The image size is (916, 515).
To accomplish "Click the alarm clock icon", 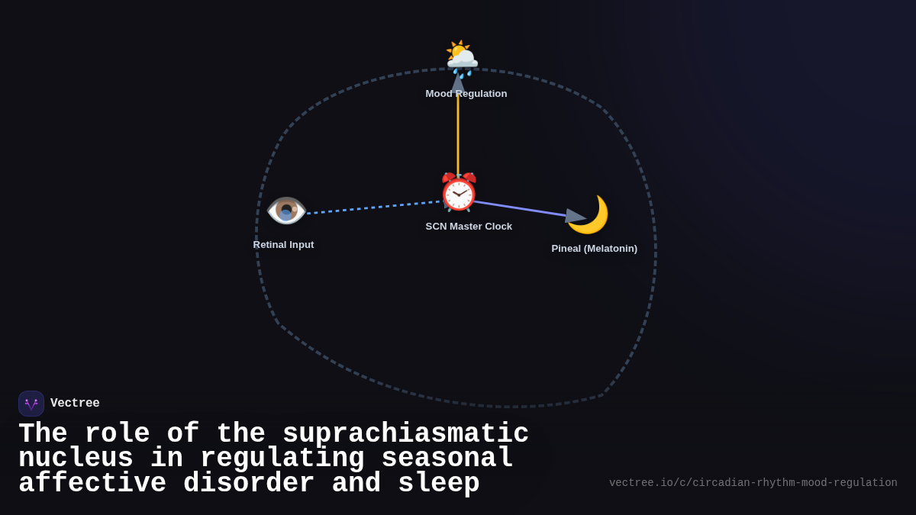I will (458, 192).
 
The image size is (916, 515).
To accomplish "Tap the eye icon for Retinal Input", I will (286, 211).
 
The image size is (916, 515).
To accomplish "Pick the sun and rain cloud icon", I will (461, 57).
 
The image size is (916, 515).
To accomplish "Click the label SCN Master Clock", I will (469, 227).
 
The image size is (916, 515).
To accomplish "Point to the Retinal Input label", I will (283, 245).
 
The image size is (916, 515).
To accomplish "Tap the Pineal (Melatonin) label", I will (594, 249).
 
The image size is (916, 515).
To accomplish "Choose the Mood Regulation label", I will (466, 94).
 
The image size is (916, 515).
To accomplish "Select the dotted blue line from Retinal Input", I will (374, 208).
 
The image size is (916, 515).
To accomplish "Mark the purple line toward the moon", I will (519, 209).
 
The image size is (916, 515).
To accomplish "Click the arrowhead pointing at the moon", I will (575, 217).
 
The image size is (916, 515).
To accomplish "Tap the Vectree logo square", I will (31, 404).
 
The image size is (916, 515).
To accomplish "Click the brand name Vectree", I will (75, 404).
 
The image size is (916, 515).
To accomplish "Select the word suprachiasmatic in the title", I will (405, 434).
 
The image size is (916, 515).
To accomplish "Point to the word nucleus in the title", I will (76, 459).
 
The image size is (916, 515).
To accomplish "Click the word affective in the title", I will (92, 484).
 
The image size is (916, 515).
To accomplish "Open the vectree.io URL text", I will (753, 483).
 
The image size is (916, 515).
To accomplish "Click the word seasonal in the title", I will (447, 459).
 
